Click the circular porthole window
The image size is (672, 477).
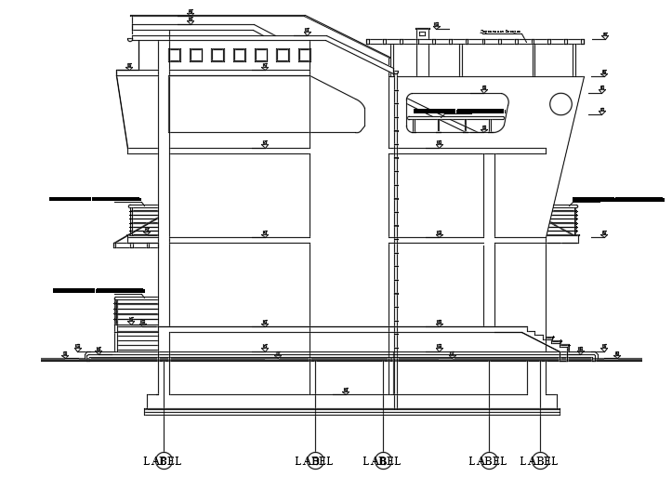pyautogui.click(x=560, y=104)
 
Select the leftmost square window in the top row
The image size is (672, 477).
pyautogui.click(x=175, y=56)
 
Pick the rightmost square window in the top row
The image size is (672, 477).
pyautogui.click(x=304, y=56)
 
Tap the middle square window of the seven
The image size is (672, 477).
pyautogui.click(x=240, y=56)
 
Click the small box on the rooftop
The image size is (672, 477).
pyautogui.click(x=422, y=33)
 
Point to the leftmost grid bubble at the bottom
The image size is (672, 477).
pyautogui.click(x=164, y=460)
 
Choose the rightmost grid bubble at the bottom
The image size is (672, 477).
pyautogui.click(x=540, y=460)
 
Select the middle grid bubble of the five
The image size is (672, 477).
pyautogui.click(x=383, y=460)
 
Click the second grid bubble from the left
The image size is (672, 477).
pyautogui.click(x=315, y=460)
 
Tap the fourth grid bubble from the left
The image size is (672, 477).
pyautogui.click(x=489, y=460)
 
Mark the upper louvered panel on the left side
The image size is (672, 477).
pyautogui.click(x=143, y=221)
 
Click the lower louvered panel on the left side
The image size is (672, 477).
pyautogui.click(x=137, y=324)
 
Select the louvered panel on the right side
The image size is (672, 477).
pyautogui.click(x=562, y=221)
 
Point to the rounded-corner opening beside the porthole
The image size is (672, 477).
pyautogui.click(x=457, y=113)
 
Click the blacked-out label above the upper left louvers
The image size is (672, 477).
pyautogui.click(x=95, y=199)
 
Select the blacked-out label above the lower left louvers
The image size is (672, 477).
pyautogui.click(x=99, y=291)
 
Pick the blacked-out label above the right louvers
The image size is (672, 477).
pyautogui.click(x=618, y=199)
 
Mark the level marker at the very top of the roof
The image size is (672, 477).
pyautogui.click(x=191, y=13)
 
